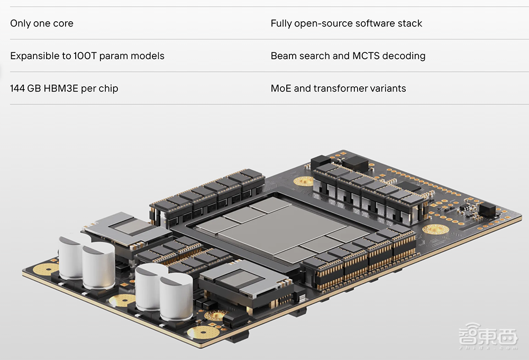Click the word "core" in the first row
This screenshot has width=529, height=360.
click(x=63, y=24)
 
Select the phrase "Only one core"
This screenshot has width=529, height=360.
click(x=42, y=24)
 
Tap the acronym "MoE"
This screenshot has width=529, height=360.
click(x=281, y=88)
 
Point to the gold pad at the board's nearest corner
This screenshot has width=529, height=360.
click(x=203, y=332)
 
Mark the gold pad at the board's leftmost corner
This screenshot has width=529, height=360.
click(x=44, y=269)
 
